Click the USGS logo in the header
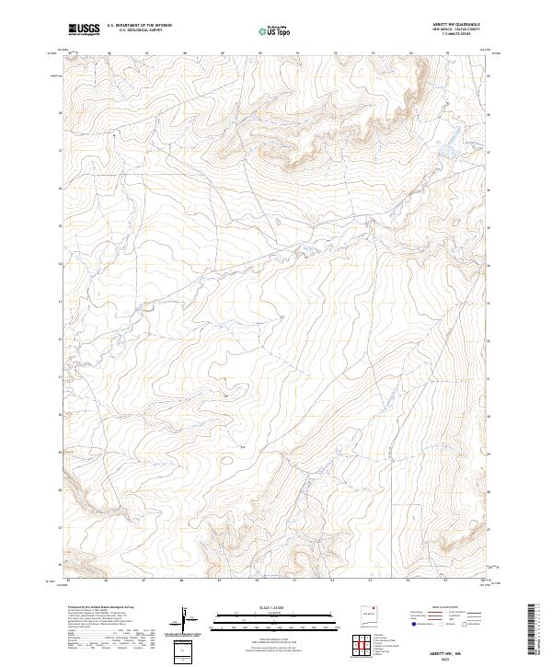(84, 29)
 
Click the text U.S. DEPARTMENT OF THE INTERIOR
(139, 27)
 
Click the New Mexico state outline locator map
(370, 617)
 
